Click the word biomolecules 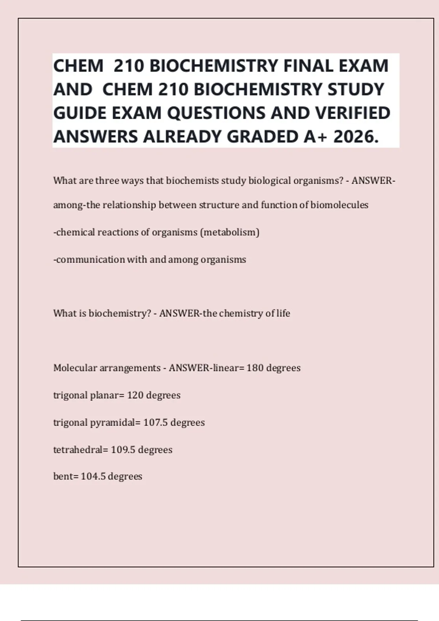339,205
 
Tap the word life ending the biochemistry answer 283,313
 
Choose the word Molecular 75,368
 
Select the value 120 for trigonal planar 135,395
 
